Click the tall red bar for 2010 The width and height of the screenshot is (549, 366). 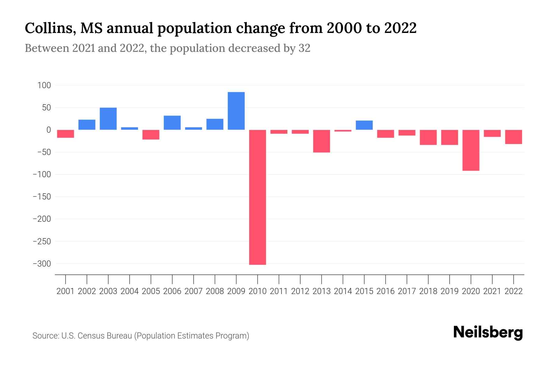pyautogui.click(x=257, y=197)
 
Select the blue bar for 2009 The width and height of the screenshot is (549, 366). pyautogui.click(x=236, y=111)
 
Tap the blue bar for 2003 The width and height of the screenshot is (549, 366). pyautogui.click(x=108, y=119)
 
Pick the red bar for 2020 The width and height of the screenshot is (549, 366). pyautogui.click(x=471, y=150)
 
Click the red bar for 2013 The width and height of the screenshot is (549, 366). pyautogui.click(x=321, y=141)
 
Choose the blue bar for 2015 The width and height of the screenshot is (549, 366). pyautogui.click(x=364, y=125)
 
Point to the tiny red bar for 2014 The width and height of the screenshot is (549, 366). pyautogui.click(x=343, y=131)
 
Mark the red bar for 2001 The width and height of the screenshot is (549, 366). pyautogui.click(x=66, y=134)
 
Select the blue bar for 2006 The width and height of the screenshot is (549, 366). pyautogui.click(x=172, y=123)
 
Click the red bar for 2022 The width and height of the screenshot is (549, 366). pyautogui.click(x=513, y=137)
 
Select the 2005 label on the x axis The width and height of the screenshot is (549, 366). pyautogui.click(x=151, y=291)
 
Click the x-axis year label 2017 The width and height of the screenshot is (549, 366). pyautogui.click(x=407, y=291)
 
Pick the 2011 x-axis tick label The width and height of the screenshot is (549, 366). pyautogui.click(x=279, y=291)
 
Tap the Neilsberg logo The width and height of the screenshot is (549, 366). pyautogui.click(x=488, y=332)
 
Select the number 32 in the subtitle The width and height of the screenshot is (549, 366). pyautogui.click(x=304, y=48)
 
